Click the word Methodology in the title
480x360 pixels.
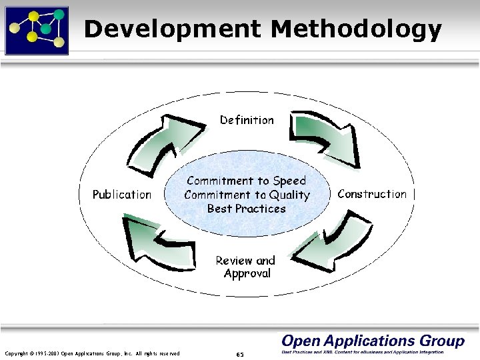tap(357, 29)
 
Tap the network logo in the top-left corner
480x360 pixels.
tap(37, 29)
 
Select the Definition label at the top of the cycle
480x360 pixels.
tap(247, 120)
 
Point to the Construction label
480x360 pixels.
tap(372, 194)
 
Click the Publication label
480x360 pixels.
tap(122, 195)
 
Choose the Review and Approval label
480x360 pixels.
tap(245, 267)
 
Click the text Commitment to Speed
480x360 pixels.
tap(247, 181)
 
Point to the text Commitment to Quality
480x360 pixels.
tap(247, 195)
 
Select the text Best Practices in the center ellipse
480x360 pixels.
tap(246, 208)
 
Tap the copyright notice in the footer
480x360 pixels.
tap(92, 353)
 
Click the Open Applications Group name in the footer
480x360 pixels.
tap(373, 341)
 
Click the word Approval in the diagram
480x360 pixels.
tap(247, 274)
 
